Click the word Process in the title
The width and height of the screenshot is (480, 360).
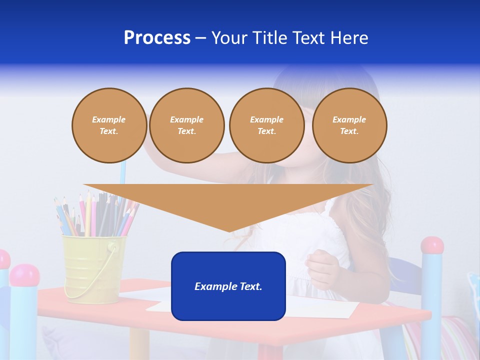pos(157,38)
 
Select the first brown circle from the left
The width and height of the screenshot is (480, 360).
pos(109,125)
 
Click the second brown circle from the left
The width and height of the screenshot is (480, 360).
pos(186,125)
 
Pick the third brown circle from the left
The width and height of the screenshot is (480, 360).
pos(266,125)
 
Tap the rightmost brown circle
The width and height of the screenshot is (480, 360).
pos(349,125)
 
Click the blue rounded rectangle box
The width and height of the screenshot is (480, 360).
pos(228,286)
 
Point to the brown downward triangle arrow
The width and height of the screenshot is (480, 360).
pos(228,202)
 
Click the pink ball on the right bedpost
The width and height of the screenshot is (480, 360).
pos(432,245)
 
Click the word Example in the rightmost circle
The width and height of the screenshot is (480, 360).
pos(349,119)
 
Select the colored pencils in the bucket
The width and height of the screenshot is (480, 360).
pos(95,215)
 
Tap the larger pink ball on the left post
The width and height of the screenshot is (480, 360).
pos(24,275)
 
